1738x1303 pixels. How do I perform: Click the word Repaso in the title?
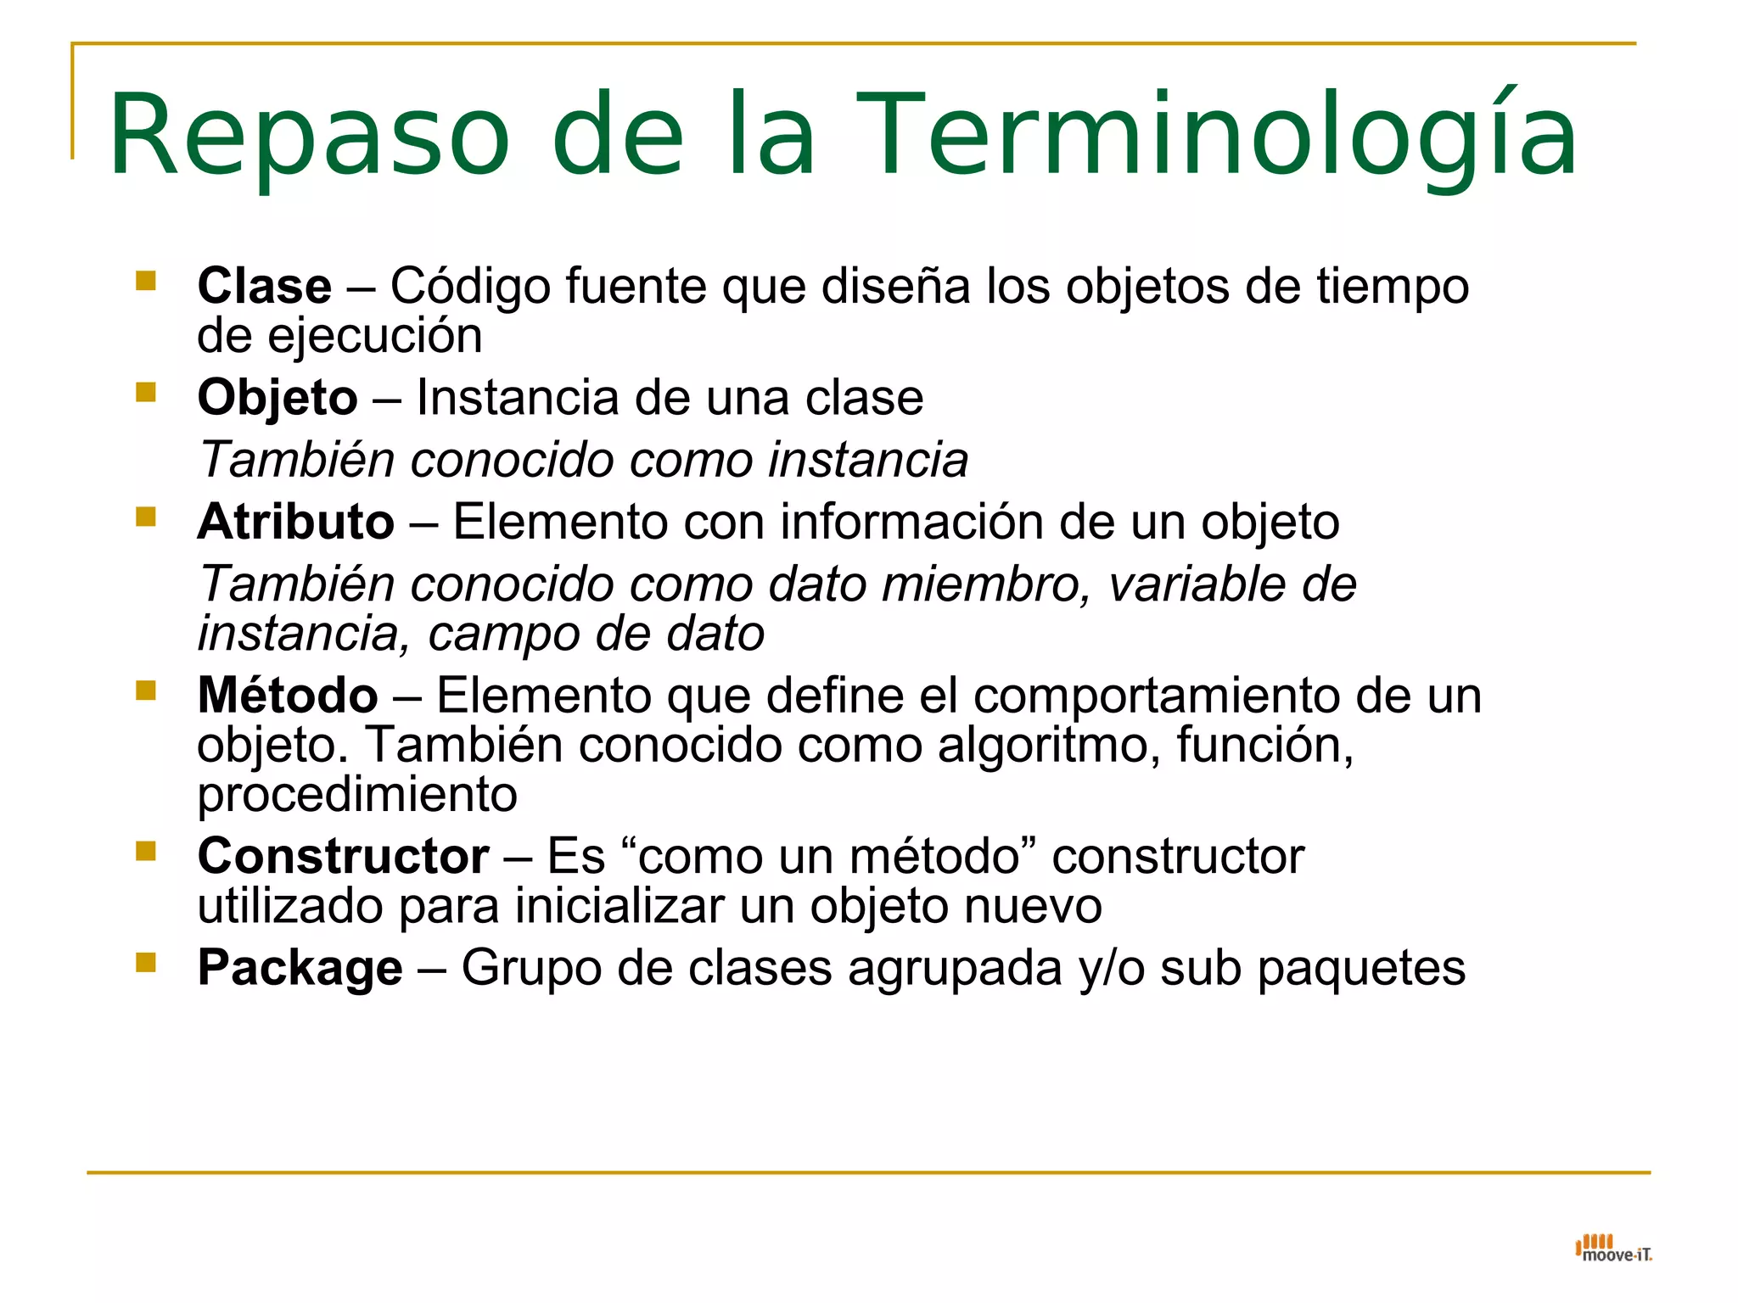coord(309,136)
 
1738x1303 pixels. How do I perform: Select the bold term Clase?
coord(264,286)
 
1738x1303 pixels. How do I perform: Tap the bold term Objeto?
coord(278,398)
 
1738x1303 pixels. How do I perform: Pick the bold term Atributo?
coord(295,522)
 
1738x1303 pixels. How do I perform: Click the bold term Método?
coord(288,696)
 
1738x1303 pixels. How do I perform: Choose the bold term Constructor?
coord(343,856)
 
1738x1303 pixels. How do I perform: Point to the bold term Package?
coord(300,968)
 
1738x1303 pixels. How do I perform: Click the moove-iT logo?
coord(1613,1249)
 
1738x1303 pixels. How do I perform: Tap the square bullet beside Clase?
coord(146,281)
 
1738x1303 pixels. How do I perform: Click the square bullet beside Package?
coord(146,962)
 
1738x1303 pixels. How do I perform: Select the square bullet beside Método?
coord(146,691)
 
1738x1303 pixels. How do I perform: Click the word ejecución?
coord(374,337)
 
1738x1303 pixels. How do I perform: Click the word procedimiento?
coord(357,796)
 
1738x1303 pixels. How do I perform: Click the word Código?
coord(470,286)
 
